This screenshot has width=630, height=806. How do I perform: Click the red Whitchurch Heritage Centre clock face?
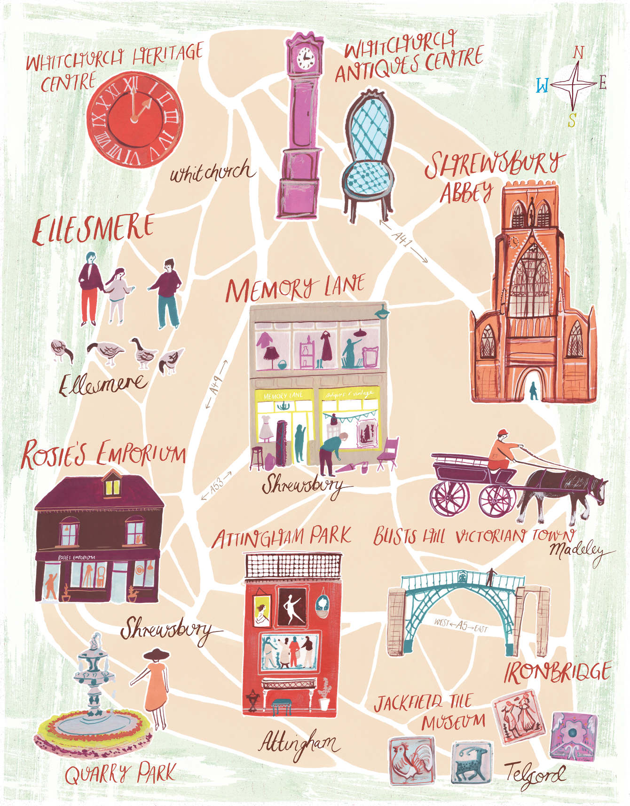(x=134, y=120)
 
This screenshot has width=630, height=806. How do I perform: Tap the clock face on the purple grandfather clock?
(x=305, y=58)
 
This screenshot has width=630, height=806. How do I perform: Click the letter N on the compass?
(x=578, y=52)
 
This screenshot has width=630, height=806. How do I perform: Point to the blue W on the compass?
(x=542, y=86)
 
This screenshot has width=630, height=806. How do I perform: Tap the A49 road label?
(x=216, y=384)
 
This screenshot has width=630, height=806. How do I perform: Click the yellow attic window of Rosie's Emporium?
(x=112, y=487)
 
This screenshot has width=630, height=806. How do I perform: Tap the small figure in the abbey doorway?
(x=534, y=390)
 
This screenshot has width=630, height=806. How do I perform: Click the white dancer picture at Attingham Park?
(x=291, y=606)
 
